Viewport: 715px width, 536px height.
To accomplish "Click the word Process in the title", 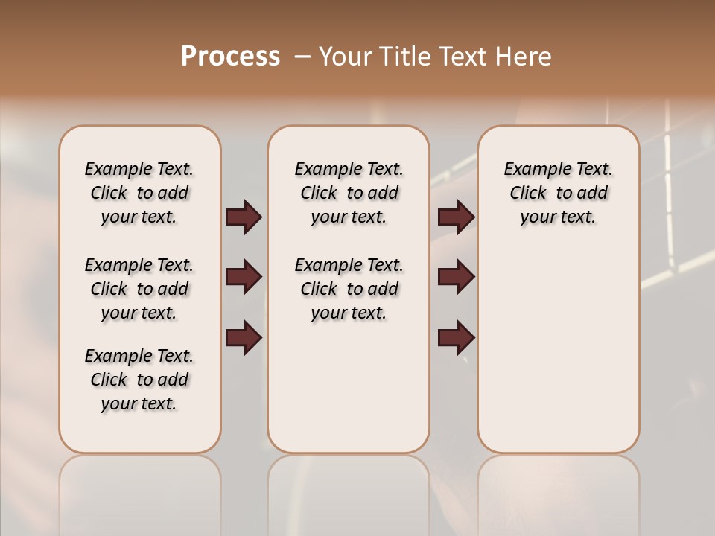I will click(230, 57).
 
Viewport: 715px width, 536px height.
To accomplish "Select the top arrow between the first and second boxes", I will click(244, 217).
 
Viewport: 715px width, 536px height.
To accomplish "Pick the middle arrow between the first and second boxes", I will click(244, 278).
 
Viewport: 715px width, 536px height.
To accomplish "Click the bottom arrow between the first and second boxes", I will click(244, 338).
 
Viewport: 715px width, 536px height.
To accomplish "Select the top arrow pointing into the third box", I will click(456, 217).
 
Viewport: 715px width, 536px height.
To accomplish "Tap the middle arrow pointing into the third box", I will click(456, 278).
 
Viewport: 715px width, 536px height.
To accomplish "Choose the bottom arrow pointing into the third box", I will click(456, 338).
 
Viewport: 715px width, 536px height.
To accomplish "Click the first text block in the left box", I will click(139, 193).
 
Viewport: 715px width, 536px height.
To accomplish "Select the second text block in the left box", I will click(139, 289).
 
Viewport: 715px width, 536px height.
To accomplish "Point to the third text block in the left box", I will click(139, 380).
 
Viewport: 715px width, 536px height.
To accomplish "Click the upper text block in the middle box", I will click(349, 193).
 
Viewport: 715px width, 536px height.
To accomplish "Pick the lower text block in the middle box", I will click(349, 289).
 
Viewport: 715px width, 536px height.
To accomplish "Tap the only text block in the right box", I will click(559, 193).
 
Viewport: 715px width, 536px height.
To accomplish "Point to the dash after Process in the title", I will click(302, 57).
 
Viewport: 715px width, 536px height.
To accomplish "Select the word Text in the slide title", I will click(459, 57).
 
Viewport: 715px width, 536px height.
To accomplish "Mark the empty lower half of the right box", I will click(559, 357).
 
